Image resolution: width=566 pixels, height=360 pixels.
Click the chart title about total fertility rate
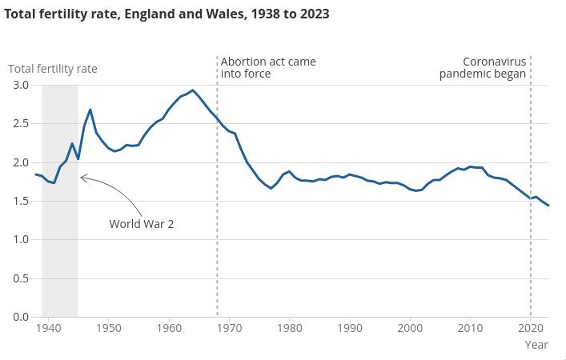(167, 14)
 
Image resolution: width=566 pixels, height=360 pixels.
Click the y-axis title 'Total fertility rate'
(53, 69)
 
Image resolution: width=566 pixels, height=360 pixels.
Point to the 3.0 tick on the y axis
(21, 85)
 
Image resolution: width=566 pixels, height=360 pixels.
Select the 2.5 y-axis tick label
(21, 124)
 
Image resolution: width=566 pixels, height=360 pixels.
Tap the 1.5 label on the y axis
(21, 201)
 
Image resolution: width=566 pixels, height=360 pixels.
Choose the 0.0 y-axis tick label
(21, 317)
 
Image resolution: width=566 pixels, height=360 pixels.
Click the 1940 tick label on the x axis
(48, 328)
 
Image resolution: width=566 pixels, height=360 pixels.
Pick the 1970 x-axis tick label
(229, 328)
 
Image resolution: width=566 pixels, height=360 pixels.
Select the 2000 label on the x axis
(410, 328)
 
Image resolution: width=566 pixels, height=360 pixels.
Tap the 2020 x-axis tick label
(530, 328)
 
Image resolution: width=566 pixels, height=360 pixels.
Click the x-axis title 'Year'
(536, 345)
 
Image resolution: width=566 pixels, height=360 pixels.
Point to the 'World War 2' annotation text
(142, 224)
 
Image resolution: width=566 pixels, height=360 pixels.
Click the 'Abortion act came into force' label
(268, 67)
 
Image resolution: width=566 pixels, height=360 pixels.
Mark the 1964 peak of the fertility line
(193, 90)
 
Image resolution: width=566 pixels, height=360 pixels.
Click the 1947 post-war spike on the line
(90, 110)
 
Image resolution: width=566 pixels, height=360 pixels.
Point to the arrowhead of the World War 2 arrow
(82, 178)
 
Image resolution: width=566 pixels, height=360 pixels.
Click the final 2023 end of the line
(548, 206)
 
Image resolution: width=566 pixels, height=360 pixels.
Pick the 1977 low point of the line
(271, 188)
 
